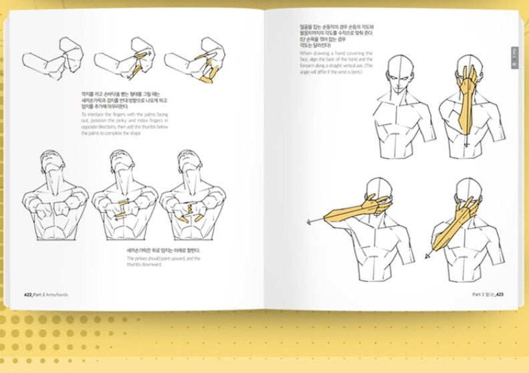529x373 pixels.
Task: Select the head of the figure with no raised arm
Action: coord(398,71)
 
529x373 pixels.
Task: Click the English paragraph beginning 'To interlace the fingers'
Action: coord(124,124)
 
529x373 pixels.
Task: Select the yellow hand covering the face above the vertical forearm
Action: coord(466,78)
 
